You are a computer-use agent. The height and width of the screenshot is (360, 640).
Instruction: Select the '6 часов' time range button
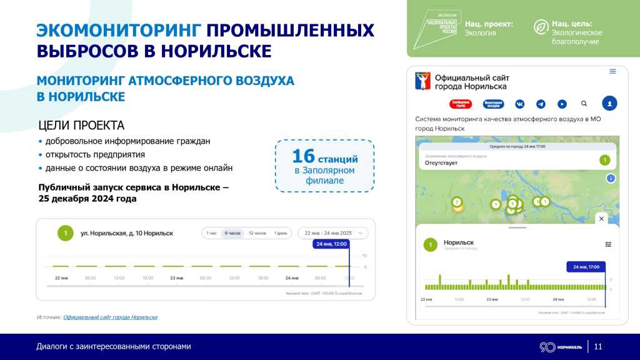click(232, 233)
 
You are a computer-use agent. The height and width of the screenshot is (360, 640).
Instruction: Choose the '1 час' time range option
click(211, 233)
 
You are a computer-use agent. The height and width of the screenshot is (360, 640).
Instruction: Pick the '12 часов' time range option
click(256, 233)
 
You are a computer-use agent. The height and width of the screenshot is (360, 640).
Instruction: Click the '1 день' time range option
click(281, 233)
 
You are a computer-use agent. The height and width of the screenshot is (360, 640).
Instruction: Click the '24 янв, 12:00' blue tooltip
click(331, 244)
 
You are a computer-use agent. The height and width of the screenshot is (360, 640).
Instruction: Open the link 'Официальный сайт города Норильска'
click(110, 317)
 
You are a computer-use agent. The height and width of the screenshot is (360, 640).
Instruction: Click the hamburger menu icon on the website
click(613, 72)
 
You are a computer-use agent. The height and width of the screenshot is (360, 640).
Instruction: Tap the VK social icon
click(519, 104)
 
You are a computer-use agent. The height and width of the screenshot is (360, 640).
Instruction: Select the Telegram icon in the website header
click(541, 104)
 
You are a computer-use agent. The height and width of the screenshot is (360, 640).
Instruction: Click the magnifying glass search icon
click(584, 104)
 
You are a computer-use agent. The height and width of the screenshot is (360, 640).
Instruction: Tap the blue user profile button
click(609, 104)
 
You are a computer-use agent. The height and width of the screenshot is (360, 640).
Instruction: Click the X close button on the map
click(601, 219)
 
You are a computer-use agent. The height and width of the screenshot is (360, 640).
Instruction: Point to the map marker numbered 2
click(457, 202)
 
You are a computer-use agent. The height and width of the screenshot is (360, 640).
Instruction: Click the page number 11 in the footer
click(598, 347)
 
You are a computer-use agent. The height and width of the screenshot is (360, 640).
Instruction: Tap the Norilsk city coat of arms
click(423, 81)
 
